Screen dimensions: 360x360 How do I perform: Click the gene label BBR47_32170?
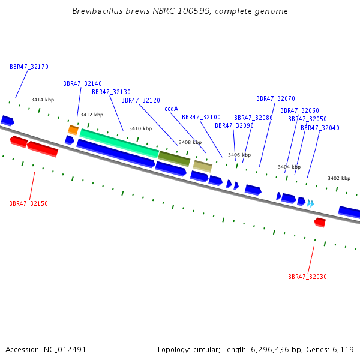point(29,67)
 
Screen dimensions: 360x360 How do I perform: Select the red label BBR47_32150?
point(28,203)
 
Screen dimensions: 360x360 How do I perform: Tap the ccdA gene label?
point(171,109)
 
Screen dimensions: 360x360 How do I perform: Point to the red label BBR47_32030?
point(307,277)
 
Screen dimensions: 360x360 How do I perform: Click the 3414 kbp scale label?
point(43,100)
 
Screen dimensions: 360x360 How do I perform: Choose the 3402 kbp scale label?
point(339,178)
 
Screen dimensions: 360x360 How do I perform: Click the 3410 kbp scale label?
point(140,128)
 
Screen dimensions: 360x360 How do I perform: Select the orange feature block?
point(73,130)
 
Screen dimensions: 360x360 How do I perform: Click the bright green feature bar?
point(119,143)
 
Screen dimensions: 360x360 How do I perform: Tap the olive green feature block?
point(174,158)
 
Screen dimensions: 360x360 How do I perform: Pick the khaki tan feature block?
point(203,166)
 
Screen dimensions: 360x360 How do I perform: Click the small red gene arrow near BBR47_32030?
point(320,223)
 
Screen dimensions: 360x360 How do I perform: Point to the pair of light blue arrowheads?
point(310,203)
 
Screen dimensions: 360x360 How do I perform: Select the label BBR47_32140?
point(82,83)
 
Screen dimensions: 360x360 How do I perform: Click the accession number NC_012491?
point(65,350)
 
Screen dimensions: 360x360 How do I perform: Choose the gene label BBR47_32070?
point(275,99)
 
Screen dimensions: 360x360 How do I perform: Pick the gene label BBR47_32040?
point(320,128)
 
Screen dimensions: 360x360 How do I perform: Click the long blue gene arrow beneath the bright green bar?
point(116,154)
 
